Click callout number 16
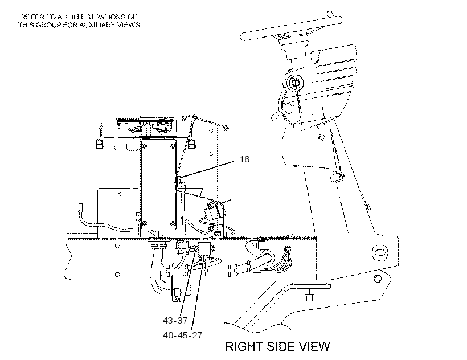point(244,159)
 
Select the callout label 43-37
point(175,320)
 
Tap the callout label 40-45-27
point(183,336)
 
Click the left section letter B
point(100,144)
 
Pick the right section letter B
point(192,144)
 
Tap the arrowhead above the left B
point(101,123)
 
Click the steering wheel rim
point(290,28)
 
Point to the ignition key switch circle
point(296,83)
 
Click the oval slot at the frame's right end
point(380,252)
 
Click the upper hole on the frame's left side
point(117,246)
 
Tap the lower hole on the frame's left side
point(117,274)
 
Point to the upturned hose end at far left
point(80,207)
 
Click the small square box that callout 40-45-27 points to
point(204,248)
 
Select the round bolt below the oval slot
point(378,279)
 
